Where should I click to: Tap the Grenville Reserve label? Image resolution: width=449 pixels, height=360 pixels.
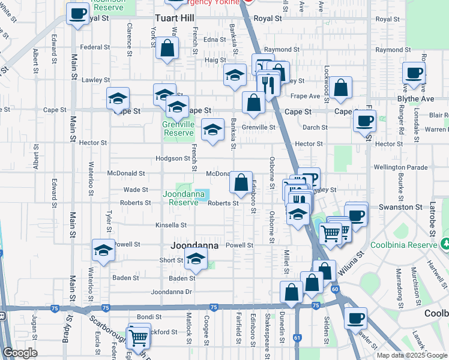tap(179, 128)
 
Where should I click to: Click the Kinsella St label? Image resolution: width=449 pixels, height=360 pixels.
tap(171, 225)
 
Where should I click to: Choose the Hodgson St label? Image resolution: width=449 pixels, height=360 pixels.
tap(172, 158)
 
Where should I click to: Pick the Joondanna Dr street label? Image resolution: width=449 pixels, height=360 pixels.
tap(171, 292)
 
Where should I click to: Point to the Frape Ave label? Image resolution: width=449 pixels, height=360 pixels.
tap(306, 96)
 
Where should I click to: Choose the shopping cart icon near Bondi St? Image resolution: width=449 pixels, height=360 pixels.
tap(139, 337)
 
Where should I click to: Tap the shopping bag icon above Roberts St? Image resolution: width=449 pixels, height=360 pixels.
tap(241, 182)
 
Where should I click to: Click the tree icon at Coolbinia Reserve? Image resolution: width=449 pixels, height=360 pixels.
tap(445, 244)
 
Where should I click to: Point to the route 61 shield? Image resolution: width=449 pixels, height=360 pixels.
tap(297, 338)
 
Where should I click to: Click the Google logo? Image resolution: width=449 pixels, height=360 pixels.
tap(20, 353)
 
